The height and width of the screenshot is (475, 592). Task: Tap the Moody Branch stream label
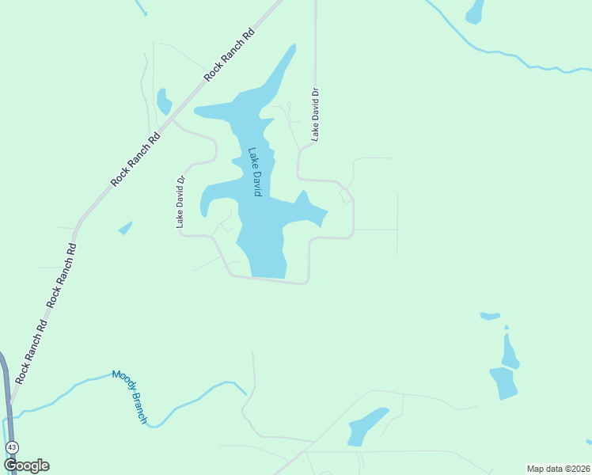coord(129,396)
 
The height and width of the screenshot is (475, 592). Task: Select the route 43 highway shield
coord(12,447)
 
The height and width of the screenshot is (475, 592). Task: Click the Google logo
coord(26,465)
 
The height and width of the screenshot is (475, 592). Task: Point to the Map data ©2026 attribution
coord(557,469)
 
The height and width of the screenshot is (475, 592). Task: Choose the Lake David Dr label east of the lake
coord(315,114)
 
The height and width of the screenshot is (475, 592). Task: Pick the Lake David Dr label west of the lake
coord(180,202)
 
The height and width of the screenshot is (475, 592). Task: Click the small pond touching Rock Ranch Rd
coord(164,102)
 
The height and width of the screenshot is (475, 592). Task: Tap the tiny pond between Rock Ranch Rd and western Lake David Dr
coord(125,228)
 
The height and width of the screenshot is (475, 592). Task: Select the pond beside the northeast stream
coord(475,12)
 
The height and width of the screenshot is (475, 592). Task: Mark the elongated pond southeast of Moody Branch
coord(366,425)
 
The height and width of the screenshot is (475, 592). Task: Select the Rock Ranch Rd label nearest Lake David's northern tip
coord(230,55)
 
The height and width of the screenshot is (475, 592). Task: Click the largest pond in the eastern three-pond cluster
coord(503,382)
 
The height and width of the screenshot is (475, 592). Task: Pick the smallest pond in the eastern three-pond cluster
coord(490,316)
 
